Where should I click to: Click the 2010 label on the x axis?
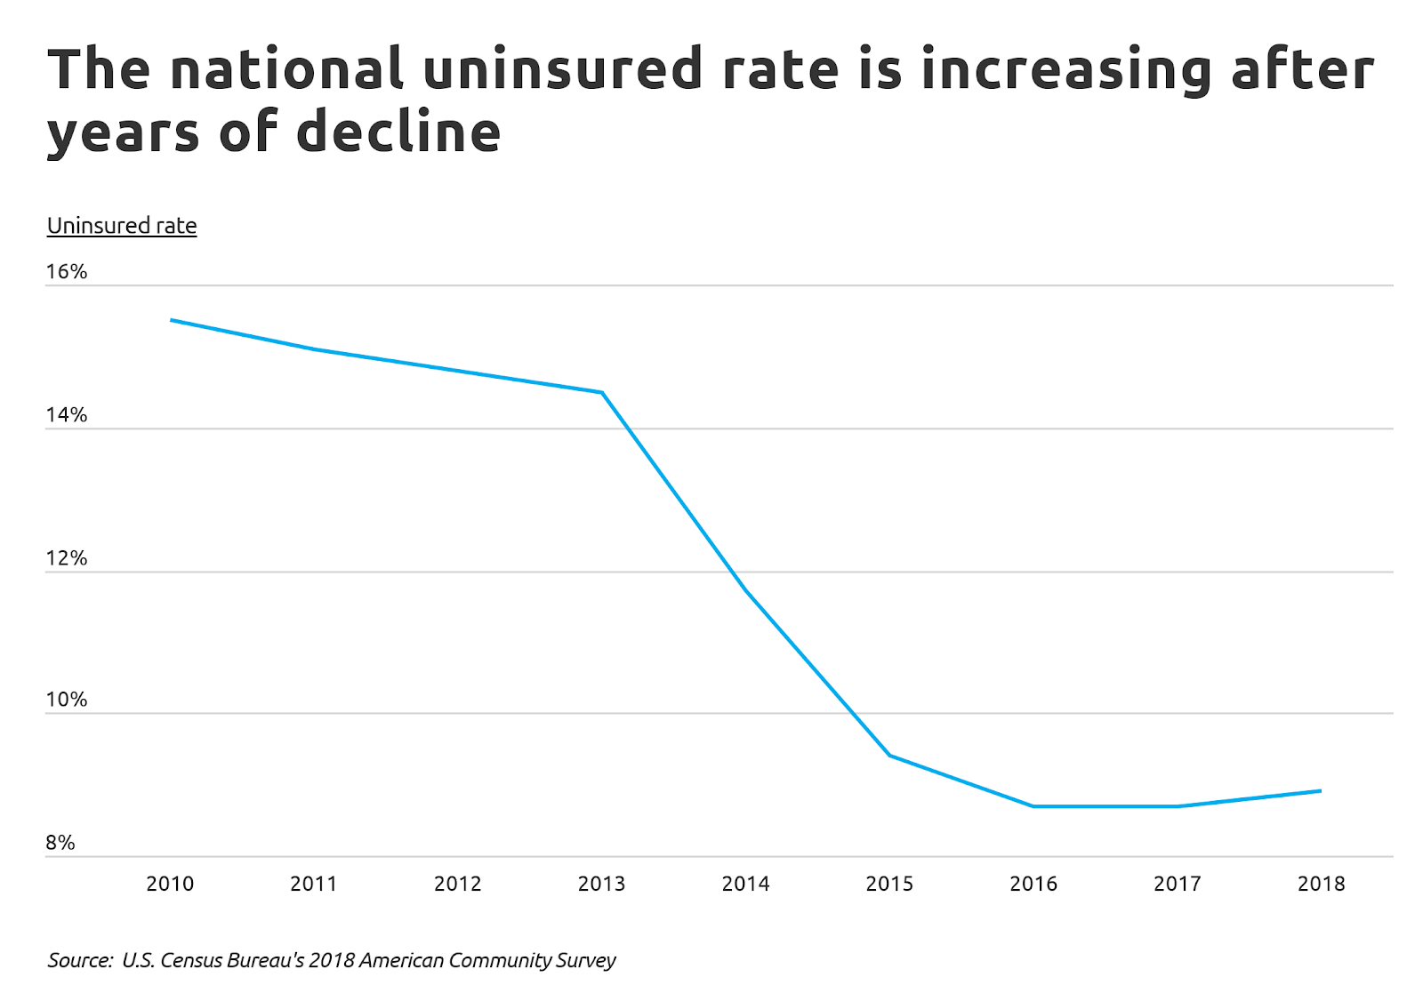point(170,884)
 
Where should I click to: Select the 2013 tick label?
point(601,884)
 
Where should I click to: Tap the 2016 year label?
point(1033,884)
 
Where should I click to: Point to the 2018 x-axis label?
point(1321,884)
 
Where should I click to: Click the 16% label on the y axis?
point(67,272)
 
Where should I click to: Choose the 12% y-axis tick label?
point(67,558)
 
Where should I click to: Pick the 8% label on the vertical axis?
point(60,843)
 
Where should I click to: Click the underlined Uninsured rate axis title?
point(122,226)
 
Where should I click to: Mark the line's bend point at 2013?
point(602,392)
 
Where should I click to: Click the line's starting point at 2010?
point(171,320)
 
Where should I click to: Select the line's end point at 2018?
point(1321,790)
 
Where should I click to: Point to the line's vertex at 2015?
point(889,756)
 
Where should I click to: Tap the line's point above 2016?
point(1033,806)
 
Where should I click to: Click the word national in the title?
point(286,69)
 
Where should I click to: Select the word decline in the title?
point(398,132)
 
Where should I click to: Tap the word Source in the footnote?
point(79,960)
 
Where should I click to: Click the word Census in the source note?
point(193,960)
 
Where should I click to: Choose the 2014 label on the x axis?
point(745,884)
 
